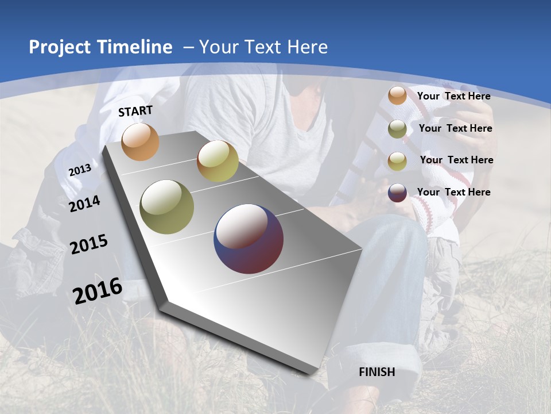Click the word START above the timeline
(135, 111)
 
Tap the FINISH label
(377, 372)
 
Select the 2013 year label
(80, 170)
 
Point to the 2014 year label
(84, 204)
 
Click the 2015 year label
(89, 244)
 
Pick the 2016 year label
(98, 291)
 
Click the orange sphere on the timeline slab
(140, 141)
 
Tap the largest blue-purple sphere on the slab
(249, 239)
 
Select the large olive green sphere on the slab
(167, 207)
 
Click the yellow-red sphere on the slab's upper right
(218, 161)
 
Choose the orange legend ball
(397, 95)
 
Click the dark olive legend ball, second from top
(397, 129)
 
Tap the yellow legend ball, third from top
(397, 161)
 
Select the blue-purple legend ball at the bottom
(397, 193)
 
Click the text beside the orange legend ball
(453, 97)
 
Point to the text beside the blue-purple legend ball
(453, 192)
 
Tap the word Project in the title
(60, 47)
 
